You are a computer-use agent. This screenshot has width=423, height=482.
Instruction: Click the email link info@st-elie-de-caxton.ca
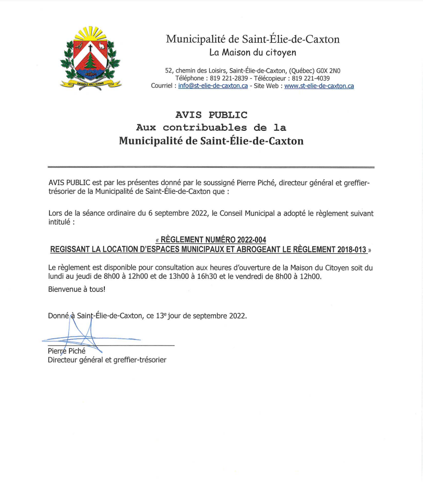213,86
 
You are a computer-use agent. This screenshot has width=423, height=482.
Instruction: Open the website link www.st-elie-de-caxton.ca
319,86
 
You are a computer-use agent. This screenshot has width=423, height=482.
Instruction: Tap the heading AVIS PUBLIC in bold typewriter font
211,115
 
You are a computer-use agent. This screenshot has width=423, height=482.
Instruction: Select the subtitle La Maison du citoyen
252,52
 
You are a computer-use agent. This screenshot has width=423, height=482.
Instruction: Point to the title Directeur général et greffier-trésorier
107,360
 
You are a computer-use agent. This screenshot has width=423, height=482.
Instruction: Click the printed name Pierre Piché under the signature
67,351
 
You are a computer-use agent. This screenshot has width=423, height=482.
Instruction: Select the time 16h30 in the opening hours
207,277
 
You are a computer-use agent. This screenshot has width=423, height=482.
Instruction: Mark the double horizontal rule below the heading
211,167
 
